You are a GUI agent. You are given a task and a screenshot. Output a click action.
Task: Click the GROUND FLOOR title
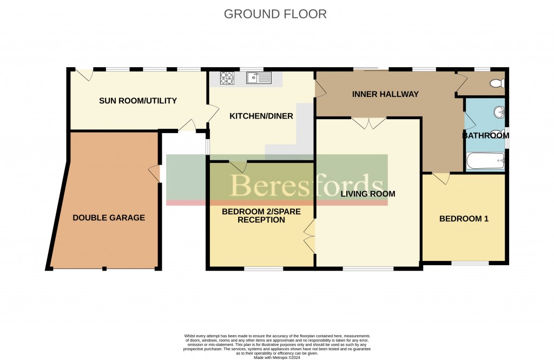[275, 14]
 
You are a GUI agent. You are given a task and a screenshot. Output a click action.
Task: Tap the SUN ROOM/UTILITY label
[138, 101]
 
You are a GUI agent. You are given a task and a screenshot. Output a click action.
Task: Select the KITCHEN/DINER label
[261, 116]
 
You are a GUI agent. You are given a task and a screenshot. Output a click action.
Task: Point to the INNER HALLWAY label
[385, 94]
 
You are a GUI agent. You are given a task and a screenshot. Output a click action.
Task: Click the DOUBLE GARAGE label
[109, 218]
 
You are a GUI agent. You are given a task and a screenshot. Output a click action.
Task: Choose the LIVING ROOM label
[367, 193]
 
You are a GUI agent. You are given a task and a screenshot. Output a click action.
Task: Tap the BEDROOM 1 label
[464, 219]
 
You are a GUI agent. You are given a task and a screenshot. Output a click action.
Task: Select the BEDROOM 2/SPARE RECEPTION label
[253, 215]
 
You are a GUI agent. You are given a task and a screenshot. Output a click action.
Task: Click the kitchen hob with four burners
[227, 78]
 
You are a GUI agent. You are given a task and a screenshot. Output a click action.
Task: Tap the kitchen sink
[259, 78]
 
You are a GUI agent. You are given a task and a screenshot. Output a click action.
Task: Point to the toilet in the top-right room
[496, 84]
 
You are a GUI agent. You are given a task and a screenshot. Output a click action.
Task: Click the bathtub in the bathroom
[485, 161]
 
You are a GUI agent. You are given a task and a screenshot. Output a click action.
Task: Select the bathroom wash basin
[498, 113]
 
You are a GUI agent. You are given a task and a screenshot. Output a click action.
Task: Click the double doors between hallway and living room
[368, 123]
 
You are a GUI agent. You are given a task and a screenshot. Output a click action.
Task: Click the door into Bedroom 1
[440, 178]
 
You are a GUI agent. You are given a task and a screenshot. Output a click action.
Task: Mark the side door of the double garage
[155, 174]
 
